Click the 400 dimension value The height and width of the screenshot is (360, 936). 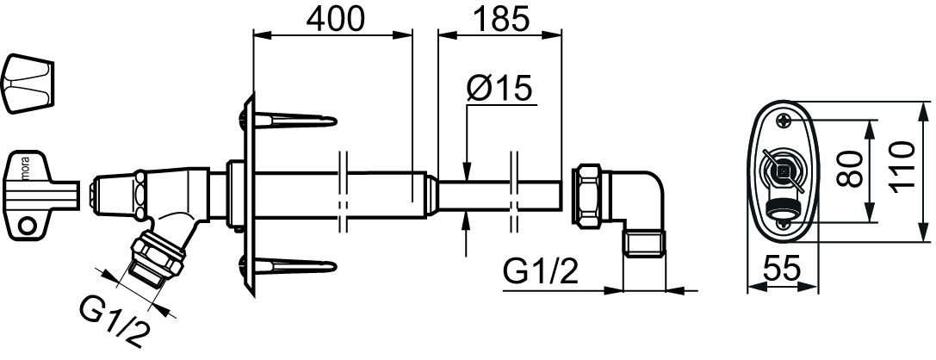point(335,19)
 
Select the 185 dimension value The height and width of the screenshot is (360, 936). point(501,19)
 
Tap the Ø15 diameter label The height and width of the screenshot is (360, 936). point(499,90)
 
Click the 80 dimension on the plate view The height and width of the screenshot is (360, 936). point(851,170)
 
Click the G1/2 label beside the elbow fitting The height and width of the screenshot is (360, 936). point(540,273)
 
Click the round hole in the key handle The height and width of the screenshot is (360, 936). point(26,227)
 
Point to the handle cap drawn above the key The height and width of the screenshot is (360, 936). point(28,83)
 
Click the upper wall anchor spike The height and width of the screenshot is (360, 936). point(290,121)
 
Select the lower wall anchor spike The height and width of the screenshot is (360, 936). point(290,266)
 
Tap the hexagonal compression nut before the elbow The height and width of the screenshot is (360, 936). point(589,195)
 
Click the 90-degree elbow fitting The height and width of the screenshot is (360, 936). point(638,210)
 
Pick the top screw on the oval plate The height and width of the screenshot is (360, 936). point(784,121)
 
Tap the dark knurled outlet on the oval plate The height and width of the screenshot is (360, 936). point(781,210)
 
